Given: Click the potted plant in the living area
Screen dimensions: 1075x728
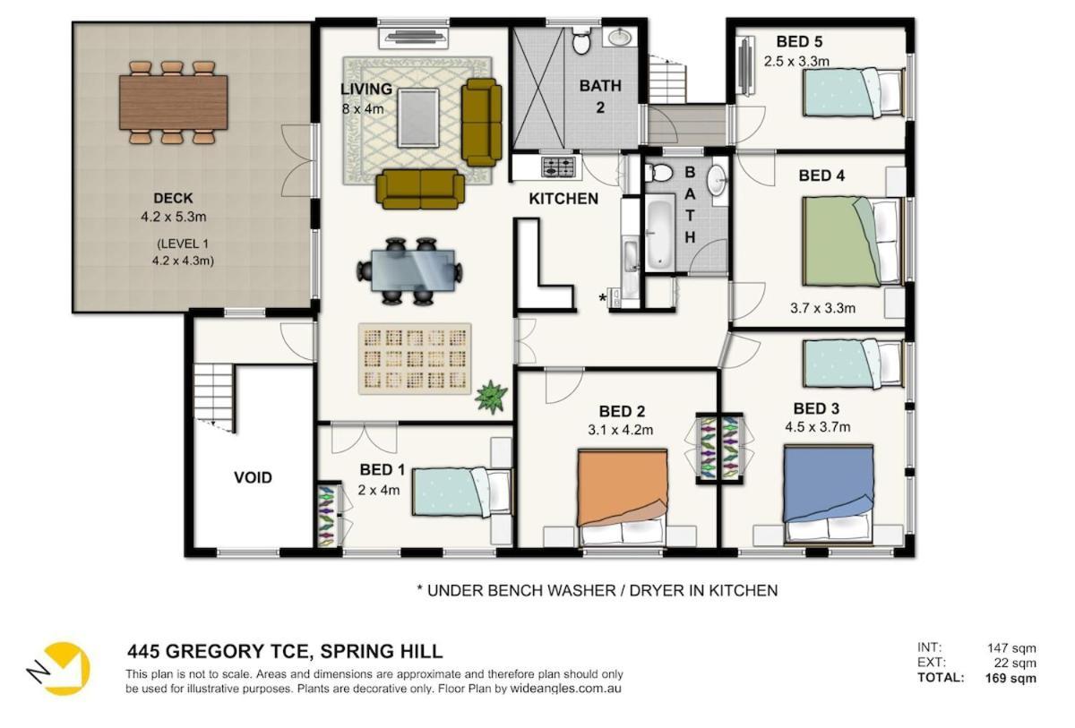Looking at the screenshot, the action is pyautogui.click(x=491, y=396).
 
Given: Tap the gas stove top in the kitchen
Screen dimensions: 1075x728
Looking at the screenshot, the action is pyautogui.click(x=559, y=167).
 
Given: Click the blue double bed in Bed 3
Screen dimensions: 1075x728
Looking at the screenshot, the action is pyautogui.click(x=828, y=494).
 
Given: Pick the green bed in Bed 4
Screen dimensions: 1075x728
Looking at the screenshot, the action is pyautogui.click(x=852, y=241).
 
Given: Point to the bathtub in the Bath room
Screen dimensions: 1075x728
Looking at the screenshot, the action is pyautogui.click(x=659, y=234).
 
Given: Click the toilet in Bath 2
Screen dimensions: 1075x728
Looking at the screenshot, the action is pyautogui.click(x=581, y=41).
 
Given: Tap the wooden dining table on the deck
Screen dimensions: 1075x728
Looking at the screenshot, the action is pyautogui.click(x=173, y=103).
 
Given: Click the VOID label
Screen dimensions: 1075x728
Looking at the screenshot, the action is pyautogui.click(x=253, y=477).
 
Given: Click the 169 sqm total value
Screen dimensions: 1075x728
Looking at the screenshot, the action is pyautogui.click(x=1010, y=679).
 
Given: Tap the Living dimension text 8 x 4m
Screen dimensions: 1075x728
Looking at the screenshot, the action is pyautogui.click(x=363, y=109).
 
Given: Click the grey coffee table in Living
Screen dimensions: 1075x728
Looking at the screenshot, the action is pyautogui.click(x=418, y=117).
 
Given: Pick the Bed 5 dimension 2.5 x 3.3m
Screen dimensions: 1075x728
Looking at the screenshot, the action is pyautogui.click(x=796, y=62).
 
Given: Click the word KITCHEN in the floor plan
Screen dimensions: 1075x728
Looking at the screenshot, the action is pyautogui.click(x=563, y=199).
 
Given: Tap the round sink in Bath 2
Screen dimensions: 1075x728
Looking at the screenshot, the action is pyautogui.click(x=622, y=36).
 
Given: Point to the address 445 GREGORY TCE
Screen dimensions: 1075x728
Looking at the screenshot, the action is pyautogui.click(x=217, y=651).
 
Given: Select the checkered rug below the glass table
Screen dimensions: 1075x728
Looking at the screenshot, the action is pyautogui.click(x=415, y=359).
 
